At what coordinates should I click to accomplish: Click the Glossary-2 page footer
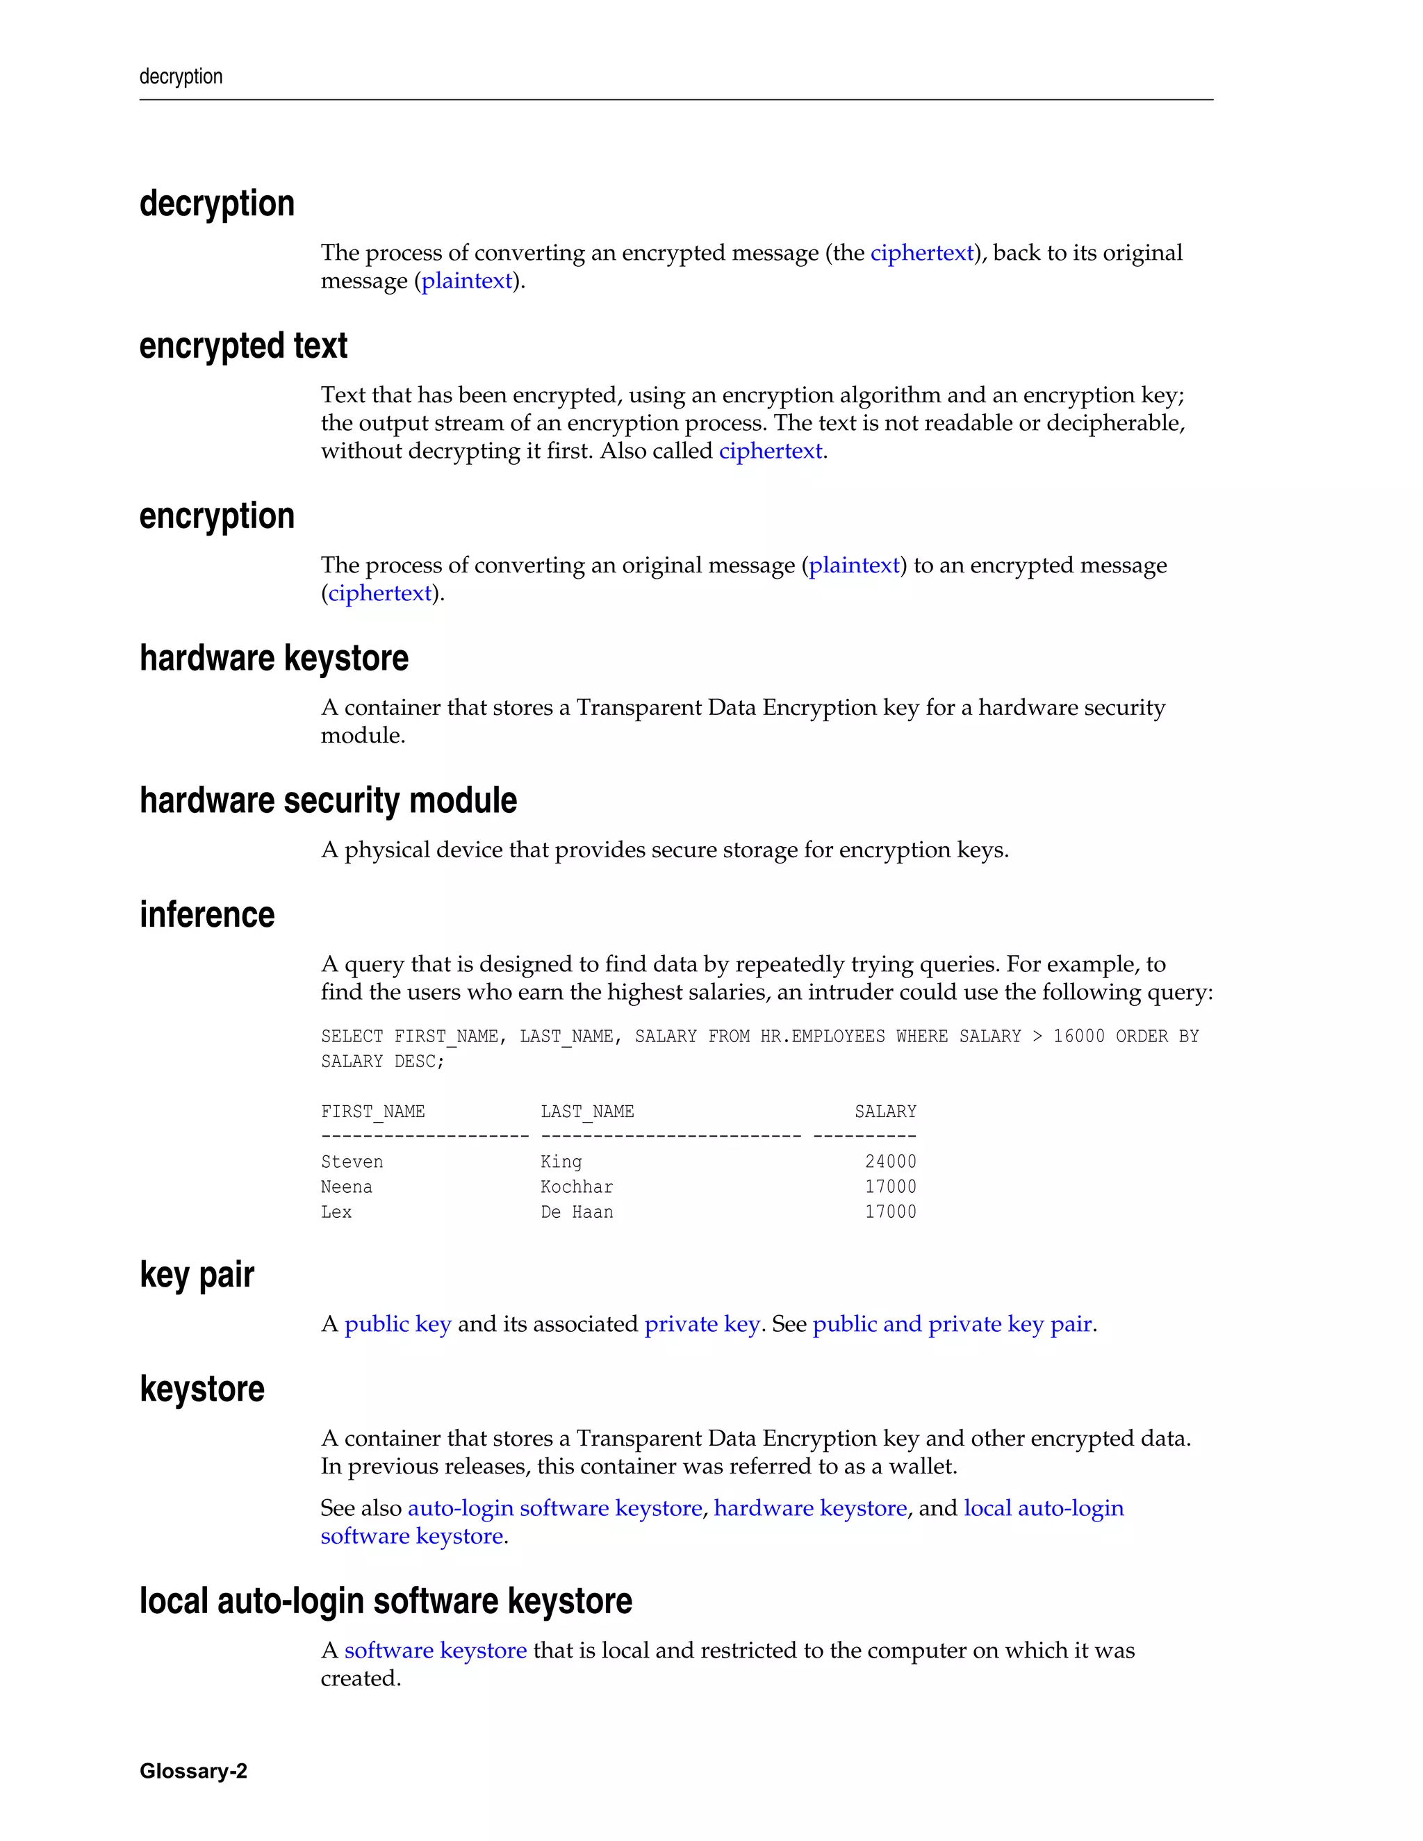(x=193, y=1770)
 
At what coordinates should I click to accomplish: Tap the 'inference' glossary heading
(x=206, y=915)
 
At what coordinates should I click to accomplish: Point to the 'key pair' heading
(x=197, y=1275)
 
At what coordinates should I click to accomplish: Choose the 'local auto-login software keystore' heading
(x=385, y=1601)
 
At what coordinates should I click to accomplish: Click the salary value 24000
(x=890, y=1162)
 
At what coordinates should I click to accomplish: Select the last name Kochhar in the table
(x=577, y=1187)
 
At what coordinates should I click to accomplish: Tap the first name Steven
(x=352, y=1162)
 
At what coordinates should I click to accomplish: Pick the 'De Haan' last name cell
(x=577, y=1212)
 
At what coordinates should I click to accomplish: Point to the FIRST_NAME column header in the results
(x=372, y=1112)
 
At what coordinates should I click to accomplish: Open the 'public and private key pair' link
(x=952, y=1324)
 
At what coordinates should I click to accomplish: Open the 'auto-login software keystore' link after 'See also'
(x=554, y=1508)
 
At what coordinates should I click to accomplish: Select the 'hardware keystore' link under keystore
(x=810, y=1508)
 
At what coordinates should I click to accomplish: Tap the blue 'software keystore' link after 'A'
(x=435, y=1650)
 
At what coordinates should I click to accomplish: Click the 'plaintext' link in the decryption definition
(x=467, y=281)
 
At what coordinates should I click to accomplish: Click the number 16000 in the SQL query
(x=1078, y=1036)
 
